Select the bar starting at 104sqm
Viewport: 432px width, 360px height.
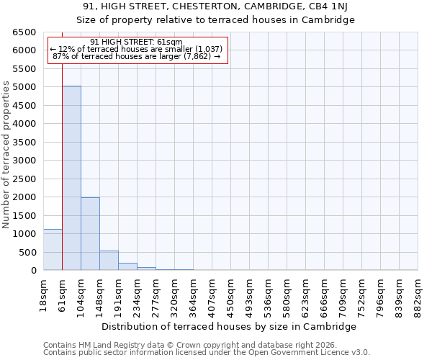(90, 234)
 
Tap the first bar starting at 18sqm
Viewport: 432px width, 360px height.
(53, 250)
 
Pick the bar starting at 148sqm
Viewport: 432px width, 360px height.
(109, 261)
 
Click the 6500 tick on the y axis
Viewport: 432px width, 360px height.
(24, 32)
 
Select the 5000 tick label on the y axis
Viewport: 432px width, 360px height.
(24, 87)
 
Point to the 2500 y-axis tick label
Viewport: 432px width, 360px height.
(24, 179)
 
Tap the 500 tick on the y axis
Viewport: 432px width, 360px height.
(27, 253)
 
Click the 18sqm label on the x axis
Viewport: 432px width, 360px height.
(43, 294)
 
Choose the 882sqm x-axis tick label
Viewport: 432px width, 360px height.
(418, 294)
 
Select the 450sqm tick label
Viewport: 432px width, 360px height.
(230, 294)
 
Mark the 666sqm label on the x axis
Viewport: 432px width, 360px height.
(324, 294)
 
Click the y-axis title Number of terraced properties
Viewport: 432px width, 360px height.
(6, 155)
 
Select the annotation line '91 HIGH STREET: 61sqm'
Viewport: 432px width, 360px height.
(137, 42)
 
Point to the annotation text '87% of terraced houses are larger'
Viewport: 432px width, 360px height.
(137, 56)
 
